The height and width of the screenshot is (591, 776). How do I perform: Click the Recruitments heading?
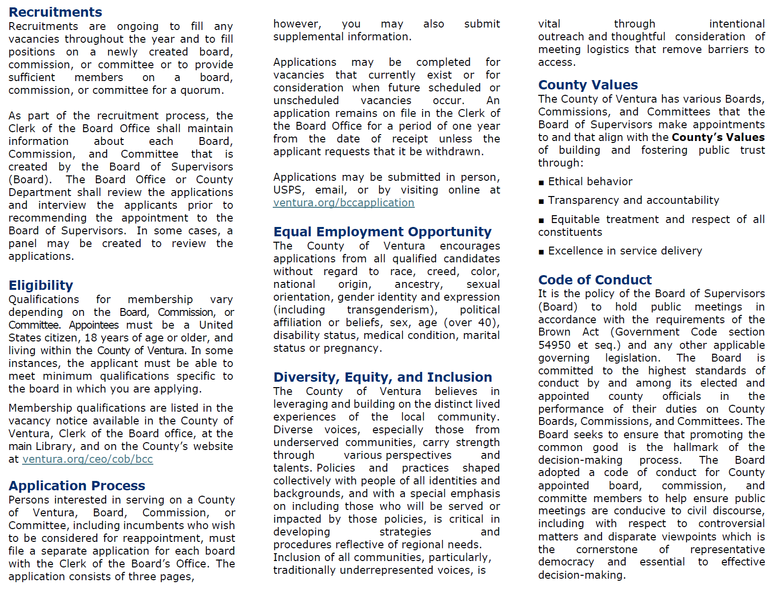(56, 12)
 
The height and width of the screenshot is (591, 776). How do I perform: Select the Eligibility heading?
(41, 285)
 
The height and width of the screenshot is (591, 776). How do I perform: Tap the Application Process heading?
(77, 486)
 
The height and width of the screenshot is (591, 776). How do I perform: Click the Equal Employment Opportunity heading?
(382, 232)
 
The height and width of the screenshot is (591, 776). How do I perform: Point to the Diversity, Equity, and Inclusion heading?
(382, 377)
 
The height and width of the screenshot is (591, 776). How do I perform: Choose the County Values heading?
(588, 85)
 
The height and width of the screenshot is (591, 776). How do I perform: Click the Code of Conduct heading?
(595, 280)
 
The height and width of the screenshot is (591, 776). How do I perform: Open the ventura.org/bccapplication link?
(344, 203)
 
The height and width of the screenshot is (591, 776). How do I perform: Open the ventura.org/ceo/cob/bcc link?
(87, 459)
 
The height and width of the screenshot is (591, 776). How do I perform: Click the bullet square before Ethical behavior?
(541, 183)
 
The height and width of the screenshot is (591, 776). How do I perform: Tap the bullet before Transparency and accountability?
(541, 201)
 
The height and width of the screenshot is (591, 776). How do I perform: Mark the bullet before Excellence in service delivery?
(541, 252)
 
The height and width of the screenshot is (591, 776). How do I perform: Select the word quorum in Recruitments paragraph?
(202, 90)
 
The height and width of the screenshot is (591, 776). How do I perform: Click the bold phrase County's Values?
(718, 138)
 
